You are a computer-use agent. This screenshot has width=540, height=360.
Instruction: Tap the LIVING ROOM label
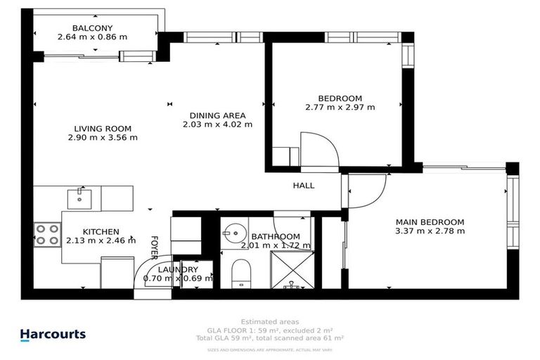pyautogui.click(x=103, y=129)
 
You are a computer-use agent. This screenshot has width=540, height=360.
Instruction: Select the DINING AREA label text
pyautogui.click(x=217, y=115)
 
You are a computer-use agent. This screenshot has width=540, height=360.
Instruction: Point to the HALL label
pyautogui.click(x=304, y=186)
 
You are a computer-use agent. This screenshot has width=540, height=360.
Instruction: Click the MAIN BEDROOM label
pyautogui.click(x=430, y=221)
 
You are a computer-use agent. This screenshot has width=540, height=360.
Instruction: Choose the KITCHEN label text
pyautogui.click(x=101, y=231)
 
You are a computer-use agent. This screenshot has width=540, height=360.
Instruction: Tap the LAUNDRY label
pyautogui.click(x=178, y=269)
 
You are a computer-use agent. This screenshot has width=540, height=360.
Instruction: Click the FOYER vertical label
pyautogui.click(x=154, y=247)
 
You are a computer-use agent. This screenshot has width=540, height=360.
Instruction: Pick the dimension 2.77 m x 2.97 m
pyautogui.click(x=340, y=108)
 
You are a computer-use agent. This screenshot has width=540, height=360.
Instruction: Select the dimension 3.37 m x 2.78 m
pyautogui.click(x=430, y=231)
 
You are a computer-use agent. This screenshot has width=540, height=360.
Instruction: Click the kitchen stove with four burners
pyautogui.click(x=47, y=234)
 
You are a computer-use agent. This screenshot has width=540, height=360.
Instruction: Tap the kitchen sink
pyautogui.click(x=79, y=198)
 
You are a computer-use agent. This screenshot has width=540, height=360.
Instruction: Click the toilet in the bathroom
pyautogui.click(x=240, y=273)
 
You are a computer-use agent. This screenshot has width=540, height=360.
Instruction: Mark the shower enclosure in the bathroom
pyautogui.click(x=292, y=271)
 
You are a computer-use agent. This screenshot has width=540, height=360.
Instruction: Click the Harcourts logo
pyautogui.click(x=53, y=335)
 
